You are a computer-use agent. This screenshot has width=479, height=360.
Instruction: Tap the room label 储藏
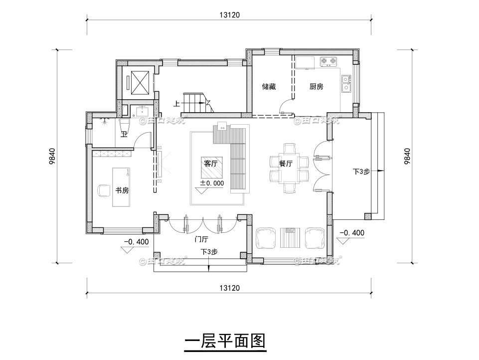(269, 86)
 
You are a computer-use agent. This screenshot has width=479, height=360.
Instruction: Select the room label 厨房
(316, 86)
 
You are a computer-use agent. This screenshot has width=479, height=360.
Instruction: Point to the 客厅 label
(211, 163)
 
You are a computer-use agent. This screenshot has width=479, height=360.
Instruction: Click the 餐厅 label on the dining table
(286, 163)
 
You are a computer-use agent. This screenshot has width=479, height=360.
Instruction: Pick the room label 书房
(122, 190)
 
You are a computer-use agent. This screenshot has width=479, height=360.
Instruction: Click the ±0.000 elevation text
(212, 183)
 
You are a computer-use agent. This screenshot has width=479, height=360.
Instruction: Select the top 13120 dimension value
(229, 15)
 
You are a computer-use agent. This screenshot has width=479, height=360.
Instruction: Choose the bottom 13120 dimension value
(229, 288)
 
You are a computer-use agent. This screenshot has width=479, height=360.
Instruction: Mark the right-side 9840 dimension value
(407, 156)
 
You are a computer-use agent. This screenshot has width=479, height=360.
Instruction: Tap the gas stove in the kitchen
(327, 62)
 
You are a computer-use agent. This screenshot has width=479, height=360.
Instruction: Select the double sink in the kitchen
(346, 84)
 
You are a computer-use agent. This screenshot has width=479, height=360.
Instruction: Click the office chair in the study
(104, 190)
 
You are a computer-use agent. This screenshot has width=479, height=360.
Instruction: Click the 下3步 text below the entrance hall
(209, 252)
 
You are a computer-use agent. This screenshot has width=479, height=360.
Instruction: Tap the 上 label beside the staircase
(176, 104)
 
